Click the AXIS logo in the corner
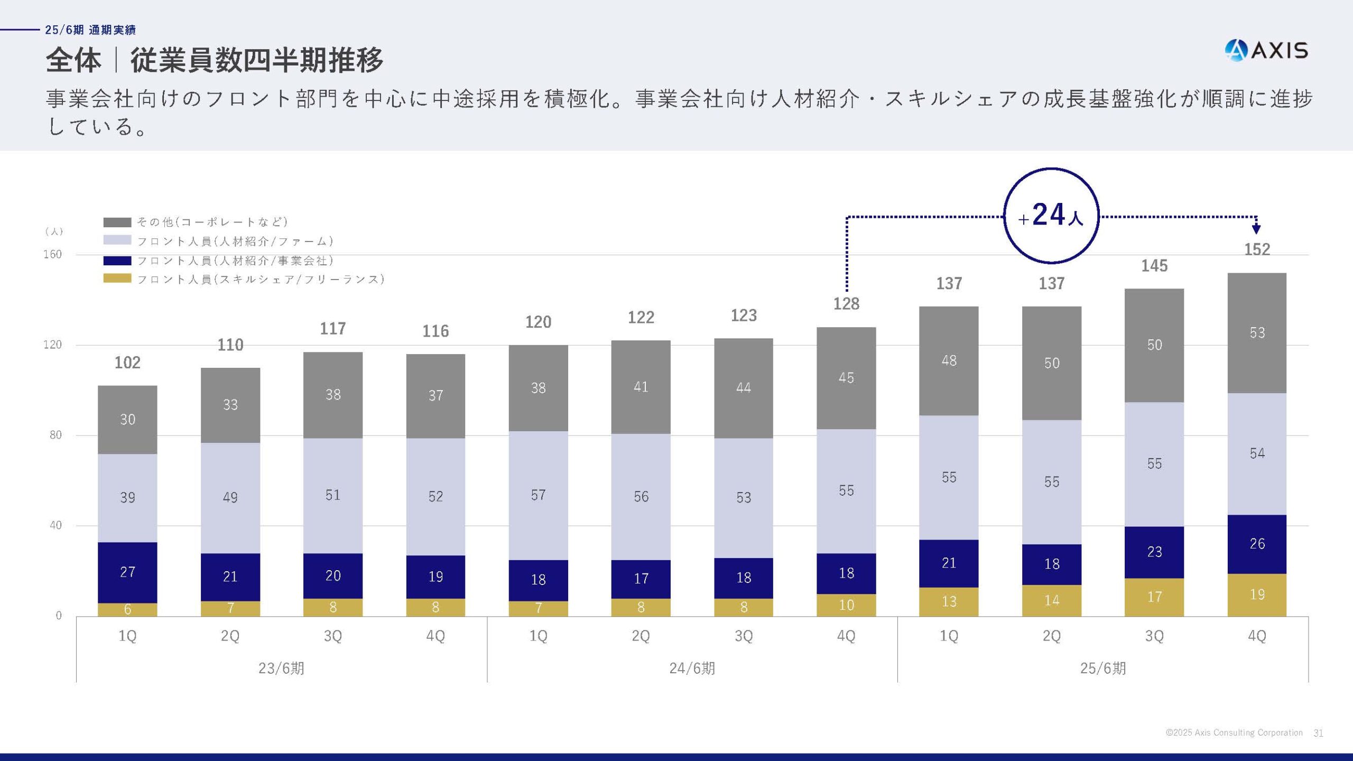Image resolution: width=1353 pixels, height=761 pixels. tap(1266, 51)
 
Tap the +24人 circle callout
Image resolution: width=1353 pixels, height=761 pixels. tap(1051, 216)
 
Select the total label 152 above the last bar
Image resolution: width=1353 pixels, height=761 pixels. tap(1257, 249)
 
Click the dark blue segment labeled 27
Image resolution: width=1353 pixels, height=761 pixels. tap(127, 572)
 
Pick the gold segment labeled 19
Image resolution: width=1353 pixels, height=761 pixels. tap(1257, 595)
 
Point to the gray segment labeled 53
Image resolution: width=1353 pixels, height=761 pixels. tap(1257, 333)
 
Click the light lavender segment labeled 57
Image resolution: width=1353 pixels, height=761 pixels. tap(538, 495)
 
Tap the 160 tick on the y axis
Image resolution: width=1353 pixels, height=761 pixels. tap(52, 255)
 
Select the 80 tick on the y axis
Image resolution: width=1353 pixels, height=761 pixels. tap(55, 435)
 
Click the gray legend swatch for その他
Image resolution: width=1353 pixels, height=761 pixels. tap(117, 222)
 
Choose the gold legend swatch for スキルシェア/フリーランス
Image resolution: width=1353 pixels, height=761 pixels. tap(117, 279)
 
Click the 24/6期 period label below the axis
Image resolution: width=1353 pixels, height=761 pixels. tap(692, 669)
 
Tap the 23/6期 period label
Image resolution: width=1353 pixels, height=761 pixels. tap(281, 669)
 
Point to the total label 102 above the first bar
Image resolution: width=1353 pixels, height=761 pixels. tap(127, 363)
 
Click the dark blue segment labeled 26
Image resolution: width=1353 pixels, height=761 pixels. tap(1257, 544)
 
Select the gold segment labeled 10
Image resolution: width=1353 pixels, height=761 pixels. tap(846, 605)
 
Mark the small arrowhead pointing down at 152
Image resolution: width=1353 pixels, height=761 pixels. tap(1256, 229)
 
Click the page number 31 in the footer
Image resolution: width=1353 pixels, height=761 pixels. tap(1318, 733)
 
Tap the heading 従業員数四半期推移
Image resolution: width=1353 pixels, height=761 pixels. tap(257, 60)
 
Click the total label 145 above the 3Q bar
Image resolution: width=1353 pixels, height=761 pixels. tap(1154, 266)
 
